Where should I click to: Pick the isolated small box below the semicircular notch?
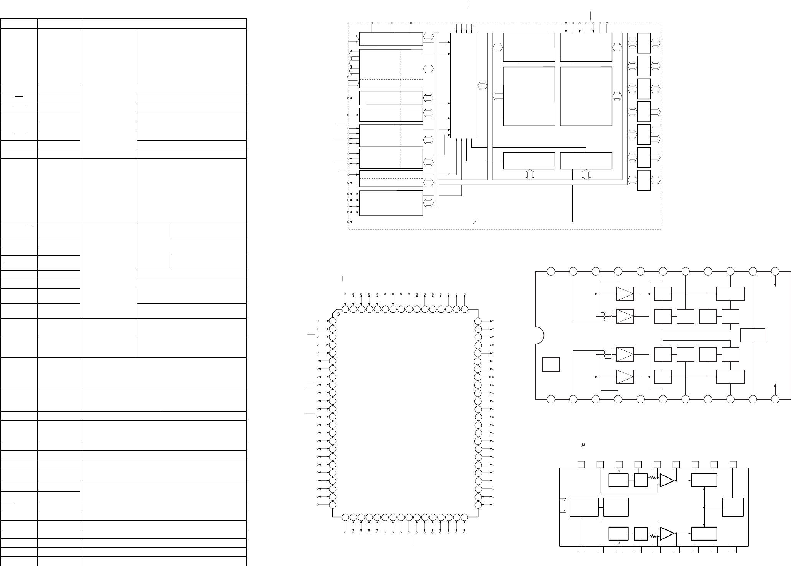coord(551,365)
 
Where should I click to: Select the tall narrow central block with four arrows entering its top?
coord(464,85)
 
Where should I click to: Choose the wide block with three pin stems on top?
coord(391,39)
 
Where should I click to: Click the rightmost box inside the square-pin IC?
coord(733,508)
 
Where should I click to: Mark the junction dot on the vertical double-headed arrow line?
coord(705,508)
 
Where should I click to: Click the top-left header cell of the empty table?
coord(19,23)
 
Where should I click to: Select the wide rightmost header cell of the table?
coord(163,23)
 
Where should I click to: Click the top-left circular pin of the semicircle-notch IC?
coord(551,271)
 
